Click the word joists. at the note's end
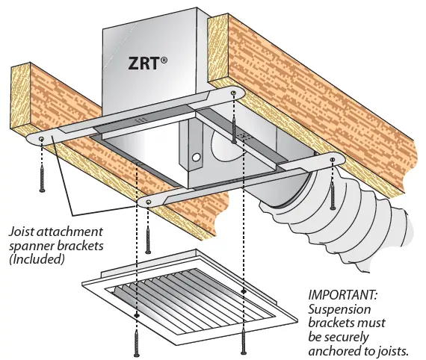[400, 349]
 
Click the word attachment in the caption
[68, 232]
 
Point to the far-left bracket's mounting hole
[42, 139]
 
